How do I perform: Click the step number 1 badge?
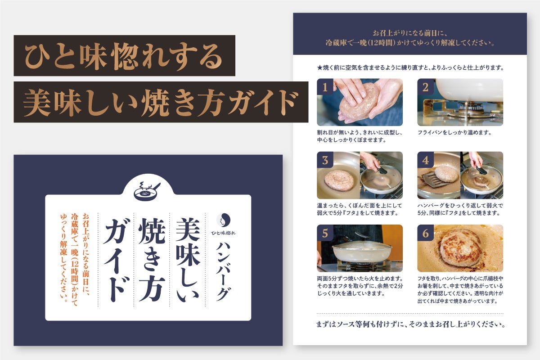325,86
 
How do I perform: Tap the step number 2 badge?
426,86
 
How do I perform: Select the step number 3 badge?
325,160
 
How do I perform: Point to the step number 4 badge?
426,160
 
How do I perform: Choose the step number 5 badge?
325,233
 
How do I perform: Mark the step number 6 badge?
426,233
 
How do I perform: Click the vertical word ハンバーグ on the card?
223,271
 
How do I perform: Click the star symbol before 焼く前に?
319,68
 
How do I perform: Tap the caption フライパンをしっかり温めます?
454,132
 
